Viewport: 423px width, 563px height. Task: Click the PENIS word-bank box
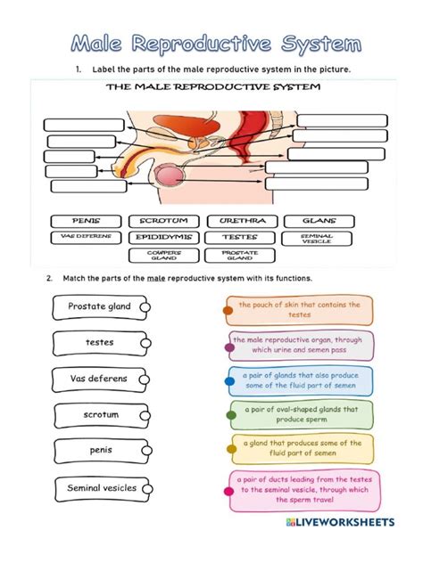tap(87, 220)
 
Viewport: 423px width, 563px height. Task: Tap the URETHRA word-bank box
tap(239, 220)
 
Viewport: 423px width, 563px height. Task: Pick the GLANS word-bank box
tap(319, 220)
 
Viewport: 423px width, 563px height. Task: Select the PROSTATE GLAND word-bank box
tap(239, 256)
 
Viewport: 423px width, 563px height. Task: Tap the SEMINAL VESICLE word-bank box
tap(319, 239)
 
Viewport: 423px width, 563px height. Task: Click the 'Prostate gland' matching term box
tap(98, 307)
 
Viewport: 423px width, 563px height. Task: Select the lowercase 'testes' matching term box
tap(98, 343)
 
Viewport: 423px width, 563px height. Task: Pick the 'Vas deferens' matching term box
tap(98, 379)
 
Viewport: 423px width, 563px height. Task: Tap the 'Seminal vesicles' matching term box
tap(98, 488)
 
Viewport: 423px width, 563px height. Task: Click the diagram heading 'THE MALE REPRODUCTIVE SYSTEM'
tap(213, 88)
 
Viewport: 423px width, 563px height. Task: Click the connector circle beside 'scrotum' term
tap(146, 416)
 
